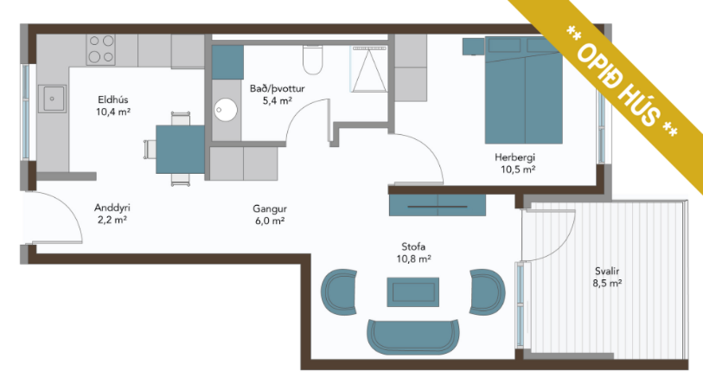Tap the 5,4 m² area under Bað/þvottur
point(276,101)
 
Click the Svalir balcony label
point(607,272)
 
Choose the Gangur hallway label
point(268,209)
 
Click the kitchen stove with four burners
point(101,49)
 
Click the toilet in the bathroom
point(312,62)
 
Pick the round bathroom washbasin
point(225,111)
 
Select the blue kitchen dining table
point(180,149)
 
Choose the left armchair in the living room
point(338,291)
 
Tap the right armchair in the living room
point(487,291)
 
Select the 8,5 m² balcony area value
point(607,284)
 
